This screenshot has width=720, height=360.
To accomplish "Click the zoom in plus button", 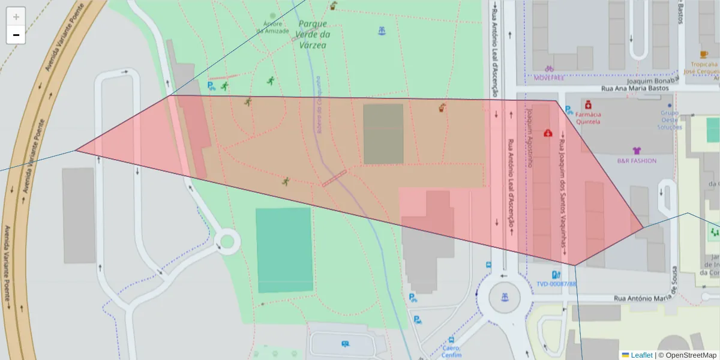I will [16, 16].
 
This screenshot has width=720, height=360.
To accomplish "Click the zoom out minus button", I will [16, 35].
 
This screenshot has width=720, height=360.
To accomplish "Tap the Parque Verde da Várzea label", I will [313, 34].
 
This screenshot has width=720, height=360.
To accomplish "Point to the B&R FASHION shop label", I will [637, 161].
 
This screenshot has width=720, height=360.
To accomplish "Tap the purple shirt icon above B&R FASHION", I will [637, 151].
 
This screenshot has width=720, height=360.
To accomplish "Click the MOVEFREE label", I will [549, 77].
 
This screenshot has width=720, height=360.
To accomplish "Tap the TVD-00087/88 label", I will [556, 284].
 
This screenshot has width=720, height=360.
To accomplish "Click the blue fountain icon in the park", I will [382, 31].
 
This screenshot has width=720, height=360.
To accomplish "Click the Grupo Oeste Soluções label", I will [670, 119].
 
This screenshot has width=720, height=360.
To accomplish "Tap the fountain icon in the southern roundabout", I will [505, 297].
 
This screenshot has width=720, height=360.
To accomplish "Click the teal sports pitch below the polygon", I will [284, 250].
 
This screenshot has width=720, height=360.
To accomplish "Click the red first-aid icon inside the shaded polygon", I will [548, 133].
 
